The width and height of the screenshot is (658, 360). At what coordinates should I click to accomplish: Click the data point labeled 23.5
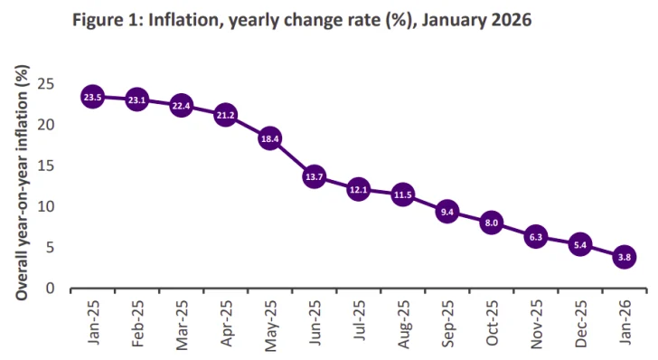point(92,97)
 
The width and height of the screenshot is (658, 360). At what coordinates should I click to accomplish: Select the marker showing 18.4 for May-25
point(269,138)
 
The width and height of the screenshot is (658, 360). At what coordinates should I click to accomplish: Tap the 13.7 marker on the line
point(314,177)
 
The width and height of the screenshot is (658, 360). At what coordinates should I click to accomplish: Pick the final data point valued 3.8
point(624,258)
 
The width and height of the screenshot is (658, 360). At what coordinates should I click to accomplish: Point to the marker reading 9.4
point(446,212)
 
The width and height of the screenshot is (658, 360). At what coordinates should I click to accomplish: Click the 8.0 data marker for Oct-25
point(491,223)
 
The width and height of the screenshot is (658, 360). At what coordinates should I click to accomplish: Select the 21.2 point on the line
point(225,116)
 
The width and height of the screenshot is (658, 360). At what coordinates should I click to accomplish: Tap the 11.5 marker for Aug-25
point(402,194)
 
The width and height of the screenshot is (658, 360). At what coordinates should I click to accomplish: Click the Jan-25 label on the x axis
point(93,322)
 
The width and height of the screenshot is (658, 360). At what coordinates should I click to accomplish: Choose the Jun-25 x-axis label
point(315,322)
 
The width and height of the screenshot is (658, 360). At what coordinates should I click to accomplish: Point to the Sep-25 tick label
point(447,322)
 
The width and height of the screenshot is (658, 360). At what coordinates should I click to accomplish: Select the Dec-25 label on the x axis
point(580,322)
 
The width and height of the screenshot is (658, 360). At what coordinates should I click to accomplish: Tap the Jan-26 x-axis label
point(625,322)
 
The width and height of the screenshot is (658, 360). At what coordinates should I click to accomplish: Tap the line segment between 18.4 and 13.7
point(292,158)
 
